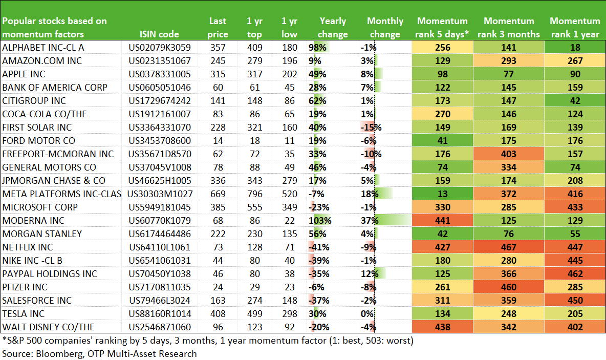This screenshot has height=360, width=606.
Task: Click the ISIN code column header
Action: click(159, 34)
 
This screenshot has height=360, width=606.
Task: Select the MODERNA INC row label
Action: click(33, 220)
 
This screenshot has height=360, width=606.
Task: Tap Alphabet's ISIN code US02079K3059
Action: click(160, 48)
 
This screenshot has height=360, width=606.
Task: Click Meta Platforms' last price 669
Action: click(218, 194)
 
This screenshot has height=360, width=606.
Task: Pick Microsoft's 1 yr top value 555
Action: click(255, 207)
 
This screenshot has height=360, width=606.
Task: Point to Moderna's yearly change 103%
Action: click(320, 220)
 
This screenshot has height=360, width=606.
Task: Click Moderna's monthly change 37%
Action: click(370, 220)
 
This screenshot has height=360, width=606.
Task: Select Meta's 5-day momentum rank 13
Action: click(443, 194)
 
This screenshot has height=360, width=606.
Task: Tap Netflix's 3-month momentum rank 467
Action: click(509, 247)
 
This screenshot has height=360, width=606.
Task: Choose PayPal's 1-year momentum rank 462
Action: click(575, 274)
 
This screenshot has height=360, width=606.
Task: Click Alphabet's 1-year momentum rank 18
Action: click(575, 48)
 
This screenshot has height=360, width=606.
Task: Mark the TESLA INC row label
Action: click(23, 313)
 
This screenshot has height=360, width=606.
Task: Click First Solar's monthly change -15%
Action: click(371, 127)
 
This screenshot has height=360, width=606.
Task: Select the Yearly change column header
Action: click(333, 28)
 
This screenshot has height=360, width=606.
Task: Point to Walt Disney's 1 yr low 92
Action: click(290, 327)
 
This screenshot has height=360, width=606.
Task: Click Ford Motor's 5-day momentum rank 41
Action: click(443, 141)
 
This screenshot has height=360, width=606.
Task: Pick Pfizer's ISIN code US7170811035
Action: click(160, 287)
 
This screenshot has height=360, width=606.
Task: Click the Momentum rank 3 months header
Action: click(509, 28)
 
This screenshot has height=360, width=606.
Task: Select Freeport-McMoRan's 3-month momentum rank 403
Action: click(509, 154)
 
